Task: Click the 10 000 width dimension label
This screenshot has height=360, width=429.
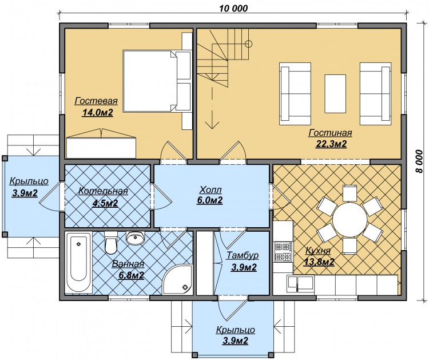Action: pos(233,8)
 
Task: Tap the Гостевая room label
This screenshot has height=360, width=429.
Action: pos(96,101)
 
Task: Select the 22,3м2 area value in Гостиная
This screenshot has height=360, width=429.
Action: pos(331,144)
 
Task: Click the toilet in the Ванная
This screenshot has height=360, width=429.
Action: pos(111,243)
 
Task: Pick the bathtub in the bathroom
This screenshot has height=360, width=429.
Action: pos(79,263)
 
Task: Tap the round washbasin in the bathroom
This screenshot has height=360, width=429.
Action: pos(135,238)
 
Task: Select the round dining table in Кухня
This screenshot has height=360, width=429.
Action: pos(350,219)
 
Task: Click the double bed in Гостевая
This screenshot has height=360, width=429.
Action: pos(157,81)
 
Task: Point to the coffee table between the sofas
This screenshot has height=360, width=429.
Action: pos(335,94)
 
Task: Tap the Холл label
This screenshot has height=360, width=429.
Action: pos(210,189)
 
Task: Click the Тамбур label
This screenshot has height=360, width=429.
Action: pos(243,255)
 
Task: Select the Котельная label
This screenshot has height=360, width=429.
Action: pos(103,191)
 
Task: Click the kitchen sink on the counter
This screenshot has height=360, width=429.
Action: pos(300,284)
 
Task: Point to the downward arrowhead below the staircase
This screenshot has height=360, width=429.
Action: pos(212,125)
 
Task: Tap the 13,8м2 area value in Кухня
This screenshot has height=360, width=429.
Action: pos(319,262)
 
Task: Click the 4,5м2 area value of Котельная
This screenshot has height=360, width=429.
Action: pos(105,203)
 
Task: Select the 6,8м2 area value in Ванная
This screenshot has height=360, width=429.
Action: pos(132,275)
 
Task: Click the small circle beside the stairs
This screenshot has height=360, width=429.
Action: pos(248,43)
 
